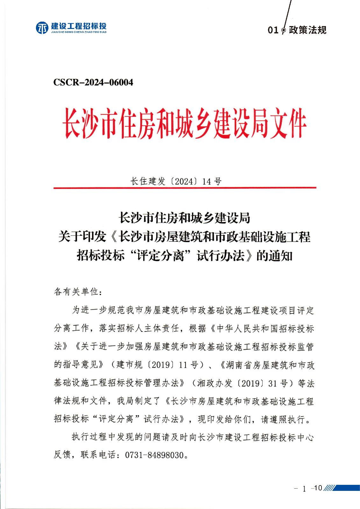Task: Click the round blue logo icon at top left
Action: (x=42, y=28)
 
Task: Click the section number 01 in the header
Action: (x=273, y=30)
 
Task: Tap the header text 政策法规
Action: (x=307, y=30)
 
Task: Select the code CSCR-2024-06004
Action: (x=93, y=82)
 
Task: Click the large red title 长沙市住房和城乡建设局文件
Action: (x=184, y=123)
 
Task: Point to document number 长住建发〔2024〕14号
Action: (x=176, y=181)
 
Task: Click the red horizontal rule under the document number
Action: (x=185, y=188)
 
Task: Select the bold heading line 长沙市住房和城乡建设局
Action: (x=184, y=218)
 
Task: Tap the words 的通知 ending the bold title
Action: (x=274, y=256)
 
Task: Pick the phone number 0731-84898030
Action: (x=155, y=455)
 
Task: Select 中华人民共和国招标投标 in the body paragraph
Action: (x=265, y=329)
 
